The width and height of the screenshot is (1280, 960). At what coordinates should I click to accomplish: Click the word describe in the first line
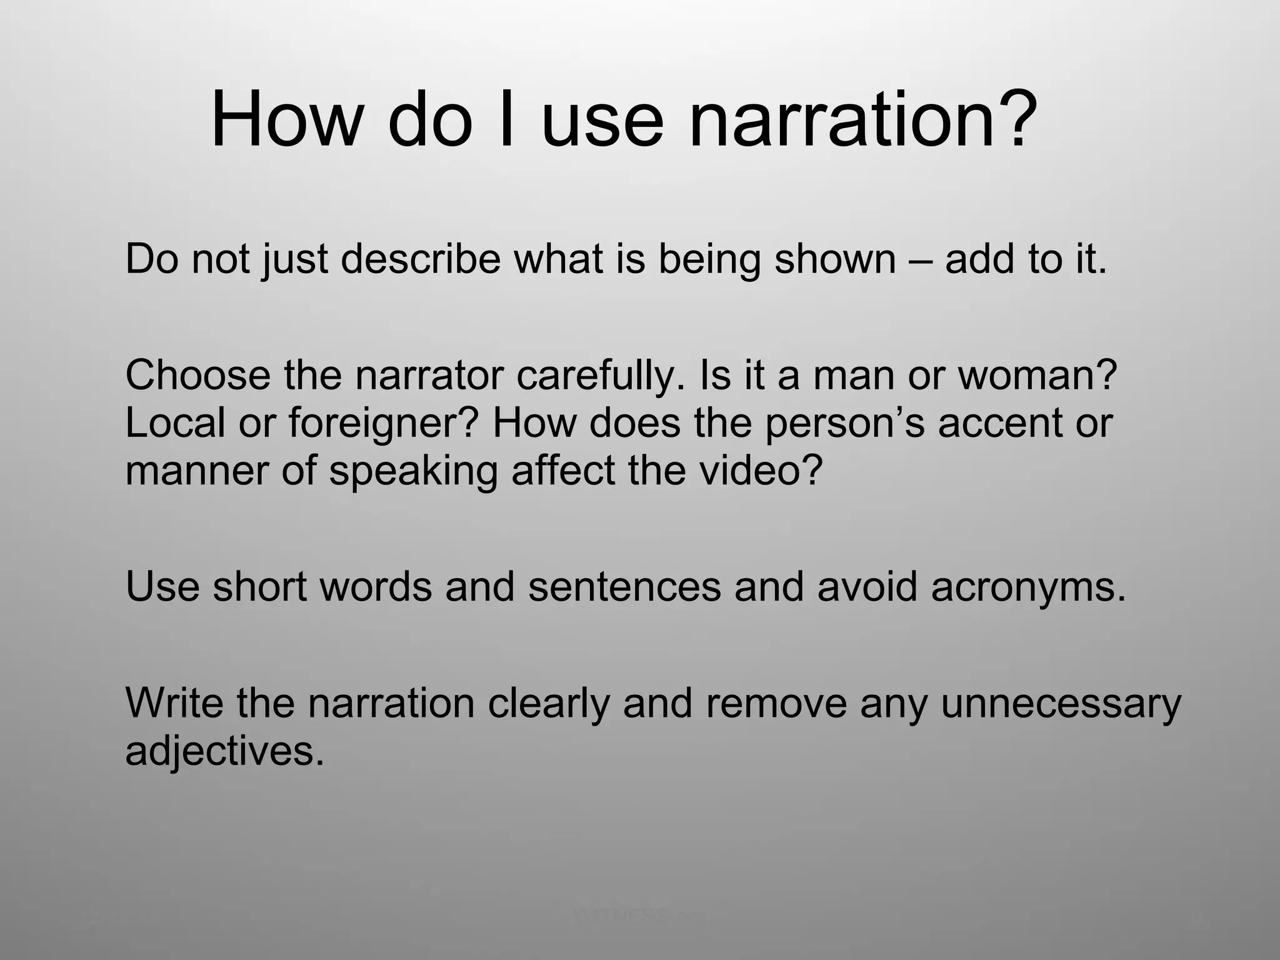(421, 258)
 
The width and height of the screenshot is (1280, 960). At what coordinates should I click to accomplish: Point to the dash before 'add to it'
(920, 259)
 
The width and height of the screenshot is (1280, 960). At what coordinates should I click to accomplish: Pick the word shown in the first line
(835, 258)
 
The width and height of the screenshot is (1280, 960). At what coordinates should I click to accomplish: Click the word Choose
(197, 375)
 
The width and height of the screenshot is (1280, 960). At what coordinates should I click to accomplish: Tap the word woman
(1037, 375)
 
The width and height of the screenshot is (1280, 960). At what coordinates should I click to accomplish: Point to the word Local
(175, 422)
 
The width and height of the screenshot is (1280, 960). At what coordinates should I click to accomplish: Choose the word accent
(997, 422)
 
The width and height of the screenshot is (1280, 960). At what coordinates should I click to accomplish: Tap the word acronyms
(1028, 587)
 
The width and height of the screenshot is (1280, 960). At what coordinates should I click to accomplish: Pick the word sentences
(625, 587)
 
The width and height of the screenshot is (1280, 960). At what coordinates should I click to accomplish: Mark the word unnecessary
(1061, 704)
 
